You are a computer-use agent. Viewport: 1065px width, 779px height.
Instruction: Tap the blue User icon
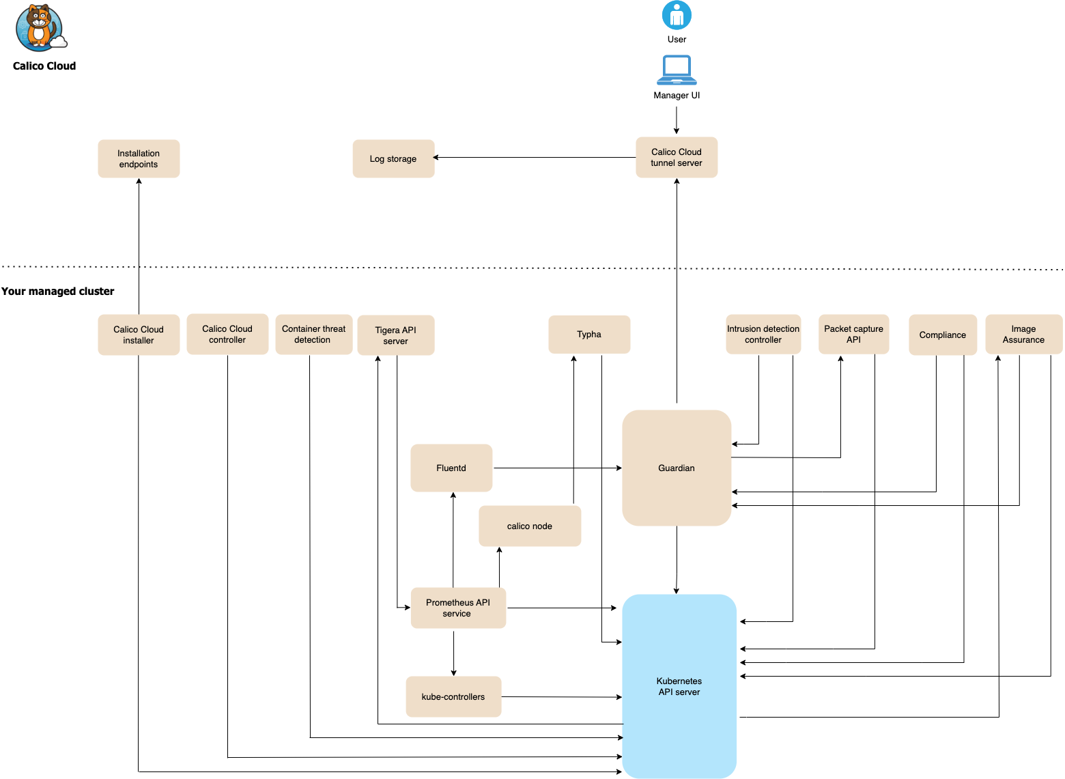click(x=677, y=15)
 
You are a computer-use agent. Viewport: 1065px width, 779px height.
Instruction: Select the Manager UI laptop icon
click(x=677, y=70)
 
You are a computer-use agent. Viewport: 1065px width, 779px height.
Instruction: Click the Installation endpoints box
click(x=139, y=159)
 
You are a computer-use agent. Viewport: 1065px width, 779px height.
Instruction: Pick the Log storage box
click(x=393, y=159)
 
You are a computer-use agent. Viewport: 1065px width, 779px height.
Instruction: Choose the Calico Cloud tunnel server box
click(x=677, y=158)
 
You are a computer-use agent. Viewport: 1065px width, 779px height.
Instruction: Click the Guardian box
click(x=677, y=468)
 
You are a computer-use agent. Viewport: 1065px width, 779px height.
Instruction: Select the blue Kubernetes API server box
click(x=679, y=686)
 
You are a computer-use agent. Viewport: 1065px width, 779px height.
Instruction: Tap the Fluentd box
click(x=451, y=468)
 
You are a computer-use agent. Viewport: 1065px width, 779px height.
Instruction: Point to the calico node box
click(x=530, y=526)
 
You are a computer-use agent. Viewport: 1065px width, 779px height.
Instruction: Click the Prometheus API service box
click(x=458, y=608)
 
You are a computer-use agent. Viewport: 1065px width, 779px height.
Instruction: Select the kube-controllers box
click(x=453, y=696)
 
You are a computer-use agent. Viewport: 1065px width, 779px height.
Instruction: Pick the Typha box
click(x=589, y=335)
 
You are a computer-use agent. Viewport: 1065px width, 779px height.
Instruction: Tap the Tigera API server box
click(x=395, y=335)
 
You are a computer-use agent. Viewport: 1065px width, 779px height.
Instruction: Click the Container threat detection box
click(x=313, y=335)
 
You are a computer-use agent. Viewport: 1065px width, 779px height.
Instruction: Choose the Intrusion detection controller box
click(x=763, y=335)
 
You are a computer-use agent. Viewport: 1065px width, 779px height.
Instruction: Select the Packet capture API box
click(x=853, y=335)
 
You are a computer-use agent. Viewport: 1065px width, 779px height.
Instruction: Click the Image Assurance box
click(x=1023, y=335)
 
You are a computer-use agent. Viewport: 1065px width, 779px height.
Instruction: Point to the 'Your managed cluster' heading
click(x=58, y=291)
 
